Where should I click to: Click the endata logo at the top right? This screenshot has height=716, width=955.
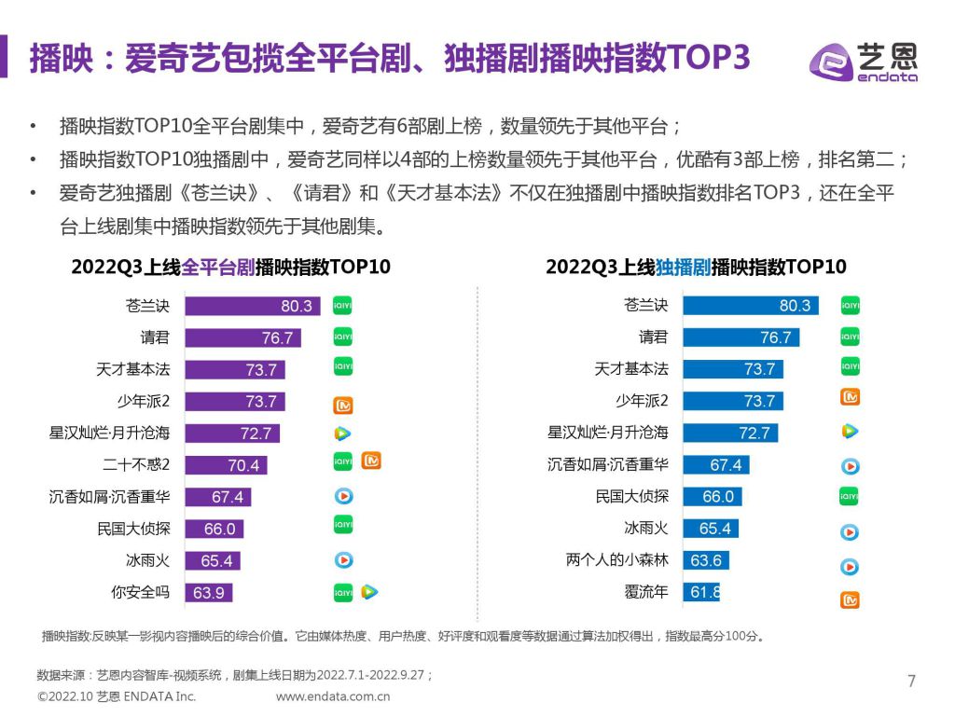(x=863, y=62)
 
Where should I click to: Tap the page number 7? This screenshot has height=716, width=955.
(x=911, y=681)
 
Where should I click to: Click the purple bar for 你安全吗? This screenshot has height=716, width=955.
(x=209, y=591)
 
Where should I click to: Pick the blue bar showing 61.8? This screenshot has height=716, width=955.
(x=701, y=591)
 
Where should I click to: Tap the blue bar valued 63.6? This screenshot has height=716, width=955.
(x=705, y=560)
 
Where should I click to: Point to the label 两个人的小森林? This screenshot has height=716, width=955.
(x=617, y=560)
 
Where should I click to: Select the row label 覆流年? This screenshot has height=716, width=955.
(x=646, y=591)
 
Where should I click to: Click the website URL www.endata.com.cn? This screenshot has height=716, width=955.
(x=333, y=696)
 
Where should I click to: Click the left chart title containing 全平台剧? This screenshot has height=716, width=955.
(x=231, y=268)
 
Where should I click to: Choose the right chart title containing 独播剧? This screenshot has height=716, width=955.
(x=696, y=268)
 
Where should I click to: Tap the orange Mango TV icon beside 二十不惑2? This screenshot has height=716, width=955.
(x=372, y=461)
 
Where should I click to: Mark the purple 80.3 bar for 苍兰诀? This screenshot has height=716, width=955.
(x=252, y=306)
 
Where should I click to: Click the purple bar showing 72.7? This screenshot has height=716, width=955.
(x=231, y=433)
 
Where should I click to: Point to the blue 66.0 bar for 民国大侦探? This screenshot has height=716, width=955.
(x=712, y=497)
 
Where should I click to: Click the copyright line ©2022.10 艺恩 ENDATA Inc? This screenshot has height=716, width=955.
(x=117, y=696)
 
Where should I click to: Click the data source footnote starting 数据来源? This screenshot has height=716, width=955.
(x=235, y=675)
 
